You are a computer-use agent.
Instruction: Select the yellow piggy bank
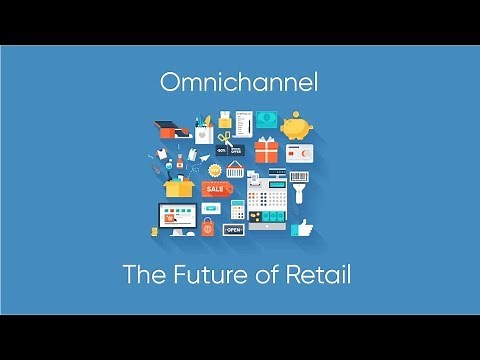click(x=295, y=128)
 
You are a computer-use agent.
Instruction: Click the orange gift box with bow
click(x=266, y=151)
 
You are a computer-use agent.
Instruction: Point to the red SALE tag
click(x=216, y=188)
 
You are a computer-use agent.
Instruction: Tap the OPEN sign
click(x=233, y=229)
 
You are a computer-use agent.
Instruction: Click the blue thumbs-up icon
click(x=302, y=227)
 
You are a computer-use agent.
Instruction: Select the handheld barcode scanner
click(x=298, y=185)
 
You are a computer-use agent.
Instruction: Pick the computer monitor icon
click(x=175, y=215)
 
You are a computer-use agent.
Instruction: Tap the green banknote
click(x=266, y=119)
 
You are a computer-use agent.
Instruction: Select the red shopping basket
click(x=236, y=167)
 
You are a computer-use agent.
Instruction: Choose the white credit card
click(x=299, y=154)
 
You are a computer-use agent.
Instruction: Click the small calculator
click(x=238, y=208)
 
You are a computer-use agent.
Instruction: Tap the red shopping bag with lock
click(x=208, y=228)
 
